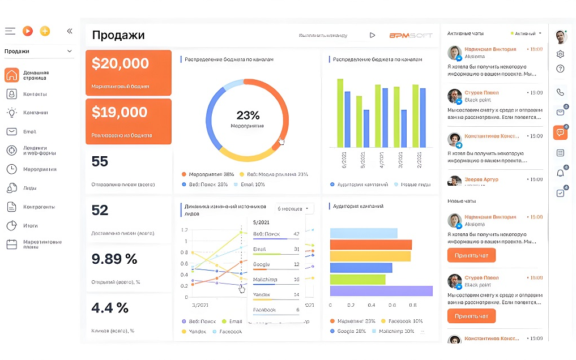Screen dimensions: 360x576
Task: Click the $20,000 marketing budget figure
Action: pyautogui.click(x=120, y=63)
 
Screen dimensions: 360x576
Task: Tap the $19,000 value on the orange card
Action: pyautogui.click(x=120, y=112)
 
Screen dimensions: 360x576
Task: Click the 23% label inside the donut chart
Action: pyautogui.click(x=248, y=115)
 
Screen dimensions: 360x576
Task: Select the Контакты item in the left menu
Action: pyautogui.click(x=35, y=94)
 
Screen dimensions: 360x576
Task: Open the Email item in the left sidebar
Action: pyautogui.click(x=29, y=131)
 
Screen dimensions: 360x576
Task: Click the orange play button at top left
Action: pyautogui.click(x=27, y=31)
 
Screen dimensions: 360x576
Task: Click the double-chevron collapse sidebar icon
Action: pyautogui.click(x=70, y=31)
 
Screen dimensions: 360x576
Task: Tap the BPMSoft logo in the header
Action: pyautogui.click(x=411, y=35)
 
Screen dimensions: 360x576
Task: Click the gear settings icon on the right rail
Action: pyautogui.click(x=560, y=54)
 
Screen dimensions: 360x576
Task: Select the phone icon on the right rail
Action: pyautogui.click(x=560, y=92)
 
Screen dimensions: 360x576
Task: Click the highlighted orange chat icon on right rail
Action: pyautogui.click(x=560, y=132)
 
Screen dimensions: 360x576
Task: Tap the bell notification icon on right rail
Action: pyautogui.click(x=560, y=173)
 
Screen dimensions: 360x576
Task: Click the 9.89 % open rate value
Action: pyautogui.click(x=114, y=259)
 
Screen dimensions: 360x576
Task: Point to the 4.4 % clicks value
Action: pyautogui.click(x=110, y=308)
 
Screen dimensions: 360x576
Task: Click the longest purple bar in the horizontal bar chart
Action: pyautogui.click(x=381, y=291)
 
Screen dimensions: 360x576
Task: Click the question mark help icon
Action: pyautogui.click(x=560, y=69)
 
